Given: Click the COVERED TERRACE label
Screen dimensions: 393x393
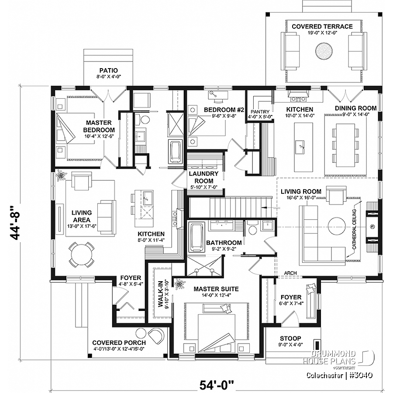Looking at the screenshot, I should pos(322,27).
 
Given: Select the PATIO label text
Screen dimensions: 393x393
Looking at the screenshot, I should pos(108,70).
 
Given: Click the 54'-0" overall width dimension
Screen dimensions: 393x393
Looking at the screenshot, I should pos(217,385).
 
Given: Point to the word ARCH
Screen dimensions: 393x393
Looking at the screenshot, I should pos(290,273).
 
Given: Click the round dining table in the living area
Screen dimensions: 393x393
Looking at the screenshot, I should pos(82,254).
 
